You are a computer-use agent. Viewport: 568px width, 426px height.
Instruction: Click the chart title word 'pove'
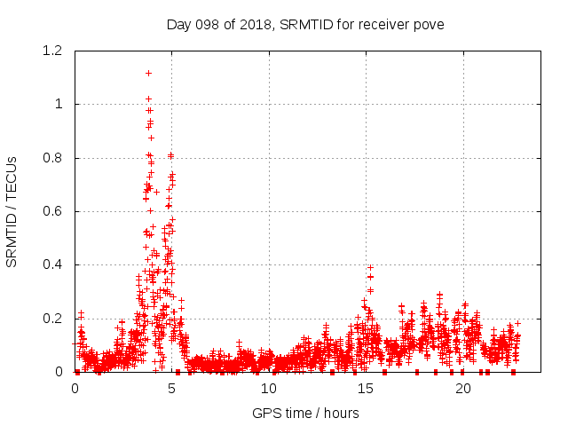tap(428, 24)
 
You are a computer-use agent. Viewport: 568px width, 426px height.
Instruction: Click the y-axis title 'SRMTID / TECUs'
tap(12, 211)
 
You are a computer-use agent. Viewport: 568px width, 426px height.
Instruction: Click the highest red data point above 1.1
tap(148, 73)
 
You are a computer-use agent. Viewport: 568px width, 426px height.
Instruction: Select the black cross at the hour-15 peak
tap(370, 267)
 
